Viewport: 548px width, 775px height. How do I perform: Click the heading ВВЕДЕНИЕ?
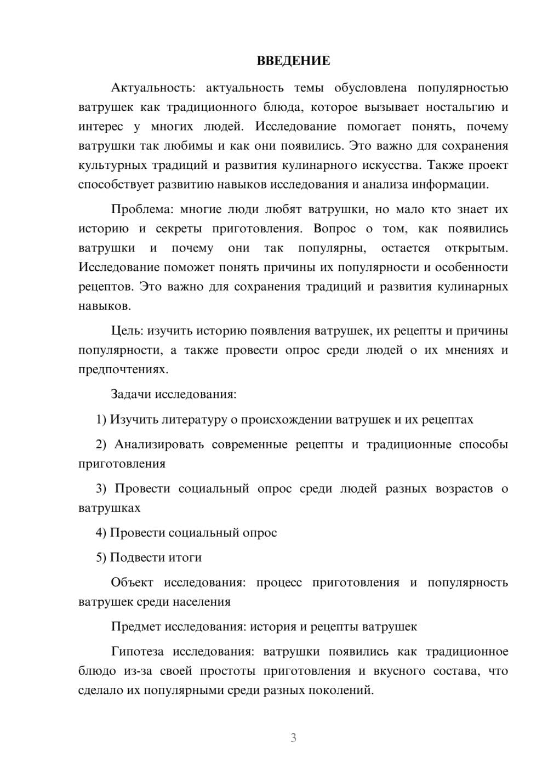293,61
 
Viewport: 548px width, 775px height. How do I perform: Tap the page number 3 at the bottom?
293,738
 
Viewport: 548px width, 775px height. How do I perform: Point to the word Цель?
127,330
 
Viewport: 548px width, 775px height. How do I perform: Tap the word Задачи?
131,394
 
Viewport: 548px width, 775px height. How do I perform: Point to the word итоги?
185,557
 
